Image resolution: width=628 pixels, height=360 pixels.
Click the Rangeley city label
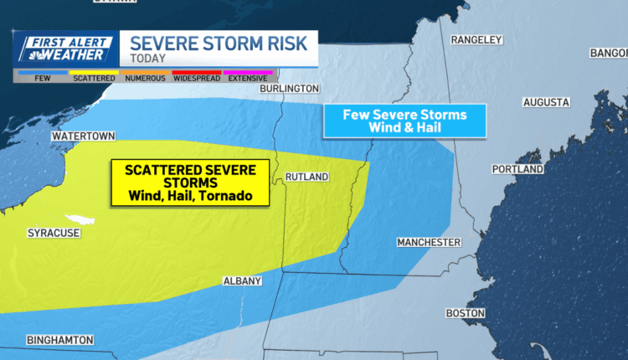click(x=476, y=39)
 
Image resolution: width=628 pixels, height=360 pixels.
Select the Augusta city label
click(x=546, y=102)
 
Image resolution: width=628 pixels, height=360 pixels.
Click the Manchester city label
click(x=429, y=242)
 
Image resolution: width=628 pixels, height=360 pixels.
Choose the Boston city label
click(x=466, y=312)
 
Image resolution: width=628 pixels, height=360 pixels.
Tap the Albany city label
click(x=243, y=280)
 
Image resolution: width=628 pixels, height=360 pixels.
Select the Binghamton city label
click(x=60, y=340)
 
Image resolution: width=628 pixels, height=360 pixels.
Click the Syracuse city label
click(x=54, y=233)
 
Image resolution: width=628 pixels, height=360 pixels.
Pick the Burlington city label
click(x=289, y=88)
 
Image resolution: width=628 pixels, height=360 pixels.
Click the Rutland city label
click(x=306, y=177)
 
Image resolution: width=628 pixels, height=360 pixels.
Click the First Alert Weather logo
click(x=64, y=49)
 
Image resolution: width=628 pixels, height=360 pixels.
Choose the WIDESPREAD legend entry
click(x=197, y=77)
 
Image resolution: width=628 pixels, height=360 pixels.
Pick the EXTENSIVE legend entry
click(x=247, y=77)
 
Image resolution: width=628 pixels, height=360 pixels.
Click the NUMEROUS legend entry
click(x=145, y=77)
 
